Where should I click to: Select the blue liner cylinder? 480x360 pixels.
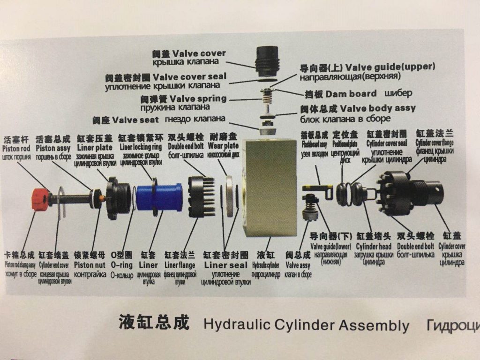click(166, 196)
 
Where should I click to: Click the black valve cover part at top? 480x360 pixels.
click(269, 60)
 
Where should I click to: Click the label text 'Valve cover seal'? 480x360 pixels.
click(189, 76)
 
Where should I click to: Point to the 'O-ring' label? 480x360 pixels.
click(121, 265)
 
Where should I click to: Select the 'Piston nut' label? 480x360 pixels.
click(89, 265)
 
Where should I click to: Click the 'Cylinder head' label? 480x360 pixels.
click(373, 247)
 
